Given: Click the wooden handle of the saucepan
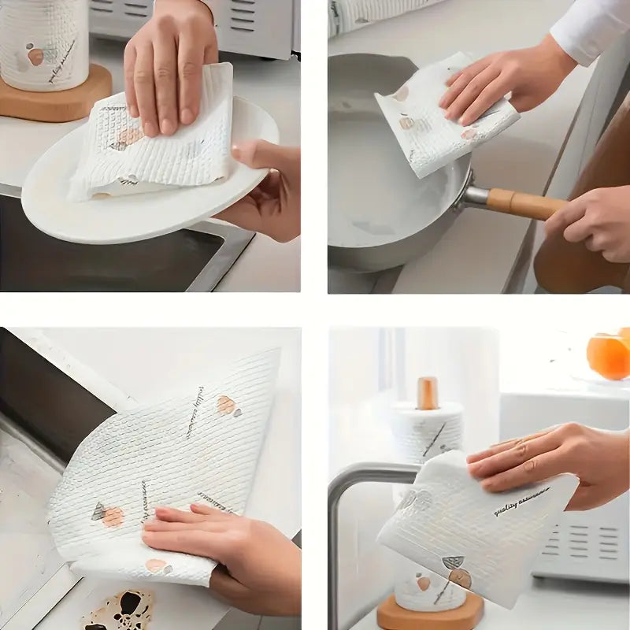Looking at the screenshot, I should [524, 203].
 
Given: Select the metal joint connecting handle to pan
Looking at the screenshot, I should [475, 195].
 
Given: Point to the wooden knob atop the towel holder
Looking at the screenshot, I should [428, 392].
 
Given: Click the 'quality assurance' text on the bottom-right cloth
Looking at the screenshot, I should [521, 502].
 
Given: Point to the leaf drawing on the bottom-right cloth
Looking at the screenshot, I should [452, 564].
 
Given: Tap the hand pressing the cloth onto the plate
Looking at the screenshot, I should [169, 63].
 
